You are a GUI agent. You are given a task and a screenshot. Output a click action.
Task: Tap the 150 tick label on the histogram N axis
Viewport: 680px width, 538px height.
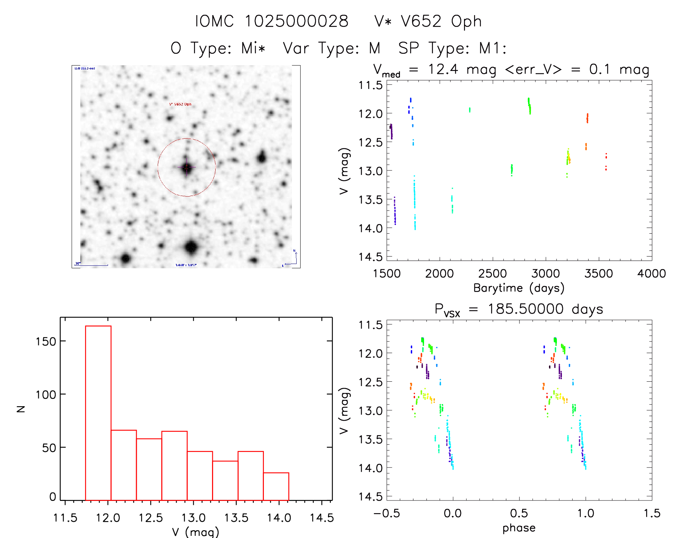pyautogui.click(x=46, y=341)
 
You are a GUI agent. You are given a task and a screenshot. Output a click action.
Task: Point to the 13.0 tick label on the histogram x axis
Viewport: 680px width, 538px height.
pyautogui.click(x=193, y=518)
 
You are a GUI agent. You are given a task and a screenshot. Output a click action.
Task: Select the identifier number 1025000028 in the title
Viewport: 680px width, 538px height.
pyautogui.click(x=297, y=22)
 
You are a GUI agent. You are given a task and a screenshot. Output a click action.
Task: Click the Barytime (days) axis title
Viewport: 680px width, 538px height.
pyautogui.click(x=519, y=288)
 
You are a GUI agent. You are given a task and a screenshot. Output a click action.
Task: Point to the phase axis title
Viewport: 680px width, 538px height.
pyautogui.click(x=519, y=528)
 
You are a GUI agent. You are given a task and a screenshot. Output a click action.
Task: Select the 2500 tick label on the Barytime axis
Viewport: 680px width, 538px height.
pyautogui.click(x=492, y=274)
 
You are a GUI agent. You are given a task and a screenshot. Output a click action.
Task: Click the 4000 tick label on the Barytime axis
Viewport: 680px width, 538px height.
pyautogui.click(x=652, y=274)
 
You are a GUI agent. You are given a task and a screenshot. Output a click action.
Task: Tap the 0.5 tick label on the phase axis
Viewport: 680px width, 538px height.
pyautogui.click(x=519, y=513)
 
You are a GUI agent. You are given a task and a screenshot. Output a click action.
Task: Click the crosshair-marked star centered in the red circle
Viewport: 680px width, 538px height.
pyautogui.click(x=186, y=167)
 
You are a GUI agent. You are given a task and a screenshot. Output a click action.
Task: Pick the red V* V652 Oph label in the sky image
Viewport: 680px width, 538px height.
pyautogui.click(x=180, y=104)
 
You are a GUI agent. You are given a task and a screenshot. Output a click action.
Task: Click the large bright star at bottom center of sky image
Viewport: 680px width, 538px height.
pyautogui.click(x=191, y=247)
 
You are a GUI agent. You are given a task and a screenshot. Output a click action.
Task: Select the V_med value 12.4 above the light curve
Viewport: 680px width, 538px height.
pyautogui.click(x=443, y=69)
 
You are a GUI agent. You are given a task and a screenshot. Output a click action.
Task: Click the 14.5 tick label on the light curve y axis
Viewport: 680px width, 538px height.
pyautogui.click(x=370, y=257)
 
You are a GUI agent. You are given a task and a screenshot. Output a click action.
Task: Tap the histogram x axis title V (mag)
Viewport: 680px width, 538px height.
pyautogui.click(x=195, y=532)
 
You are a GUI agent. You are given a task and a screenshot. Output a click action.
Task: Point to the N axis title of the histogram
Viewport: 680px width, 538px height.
pyautogui.click(x=21, y=409)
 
